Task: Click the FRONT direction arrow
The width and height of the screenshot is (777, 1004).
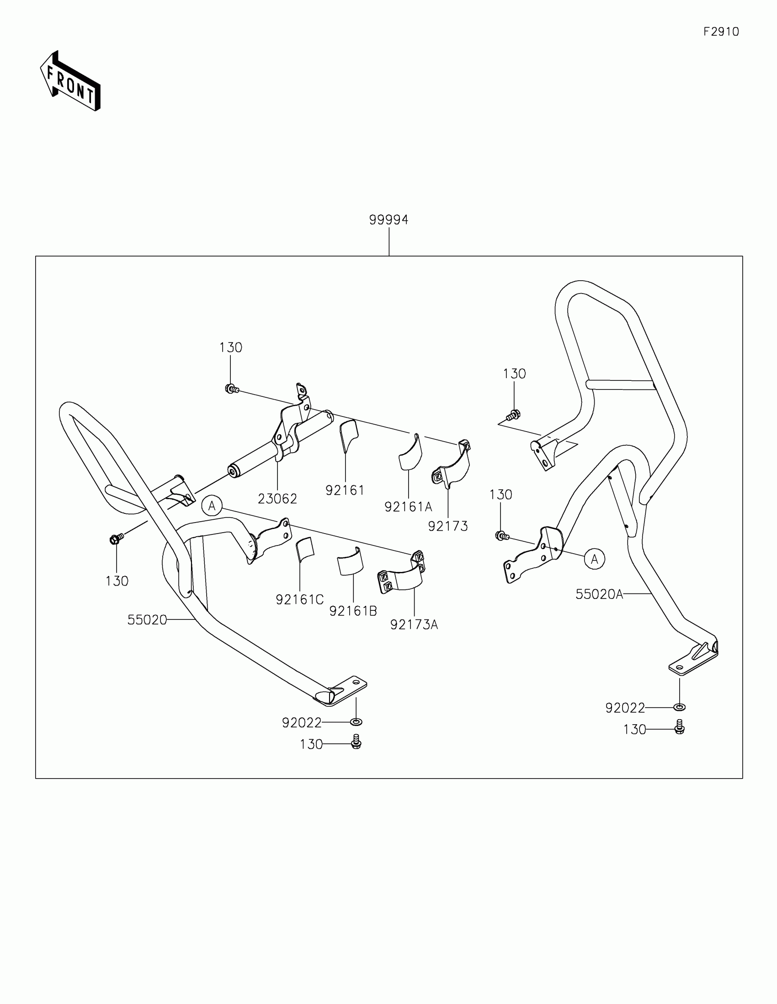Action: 71,81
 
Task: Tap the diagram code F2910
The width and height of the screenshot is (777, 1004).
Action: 721,32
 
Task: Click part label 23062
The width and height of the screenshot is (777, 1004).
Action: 277,498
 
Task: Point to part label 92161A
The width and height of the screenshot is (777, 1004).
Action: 408,507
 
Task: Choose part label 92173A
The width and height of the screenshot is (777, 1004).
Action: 414,624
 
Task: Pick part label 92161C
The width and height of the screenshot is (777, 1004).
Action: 299,599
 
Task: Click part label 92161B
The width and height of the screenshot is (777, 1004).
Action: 353,611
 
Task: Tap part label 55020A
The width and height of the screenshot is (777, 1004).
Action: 599,594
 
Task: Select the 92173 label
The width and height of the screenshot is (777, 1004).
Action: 447,526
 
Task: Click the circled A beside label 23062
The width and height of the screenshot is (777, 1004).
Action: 212,506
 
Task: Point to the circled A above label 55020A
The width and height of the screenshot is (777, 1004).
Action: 595,559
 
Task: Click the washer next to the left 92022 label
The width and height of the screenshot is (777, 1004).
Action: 356,722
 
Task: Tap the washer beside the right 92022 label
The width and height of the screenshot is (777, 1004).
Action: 679,706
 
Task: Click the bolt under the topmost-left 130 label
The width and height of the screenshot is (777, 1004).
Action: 231,389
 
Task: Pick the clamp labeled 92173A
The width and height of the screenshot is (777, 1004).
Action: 402,575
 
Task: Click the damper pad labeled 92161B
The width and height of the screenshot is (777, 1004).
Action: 350,561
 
